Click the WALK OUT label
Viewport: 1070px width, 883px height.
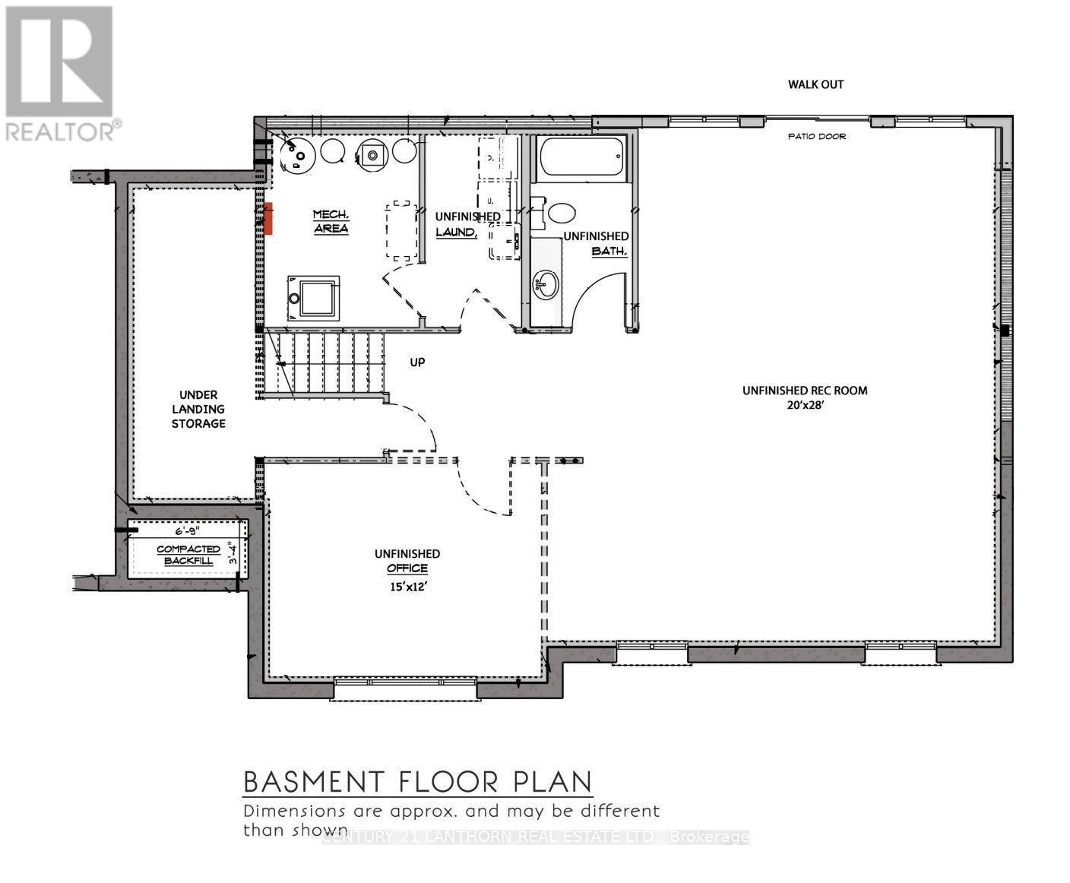pyautogui.click(x=815, y=84)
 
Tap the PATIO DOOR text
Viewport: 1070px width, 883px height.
pyautogui.click(x=816, y=137)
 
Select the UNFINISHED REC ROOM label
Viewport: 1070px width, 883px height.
pyautogui.click(x=805, y=391)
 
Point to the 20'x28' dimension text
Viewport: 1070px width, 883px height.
pyautogui.click(x=805, y=406)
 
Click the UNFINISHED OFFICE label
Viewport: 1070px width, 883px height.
pyautogui.click(x=407, y=561)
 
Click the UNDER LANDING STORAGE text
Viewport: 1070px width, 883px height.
pyautogui.click(x=198, y=409)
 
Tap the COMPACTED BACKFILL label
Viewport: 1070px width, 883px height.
pyautogui.click(x=188, y=555)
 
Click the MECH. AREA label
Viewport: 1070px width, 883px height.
pyautogui.click(x=331, y=221)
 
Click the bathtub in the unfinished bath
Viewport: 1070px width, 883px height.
pyautogui.click(x=581, y=157)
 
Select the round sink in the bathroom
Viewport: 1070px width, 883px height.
pyautogui.click(x=546, y=284)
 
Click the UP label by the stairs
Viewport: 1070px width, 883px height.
pyautogui.click(x=417, y=362)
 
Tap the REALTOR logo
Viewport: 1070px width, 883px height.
pyautogui.click(x=60, y=73)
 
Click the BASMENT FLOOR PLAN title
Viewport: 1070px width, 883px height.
pyautogui.click(x=417, y=781)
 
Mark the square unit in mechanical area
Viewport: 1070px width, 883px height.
pyautogui.click(x=313, y=298)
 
